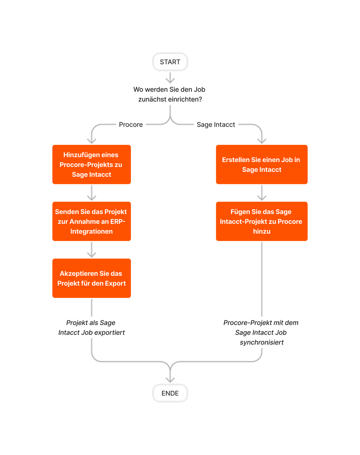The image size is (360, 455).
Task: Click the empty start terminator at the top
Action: (x=170, y=62)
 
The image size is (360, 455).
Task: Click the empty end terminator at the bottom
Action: (x=170, y=393)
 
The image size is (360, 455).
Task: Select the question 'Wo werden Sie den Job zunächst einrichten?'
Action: (x=170, y=94)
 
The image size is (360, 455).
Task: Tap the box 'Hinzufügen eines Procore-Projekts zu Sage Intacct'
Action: (x=92, y=164)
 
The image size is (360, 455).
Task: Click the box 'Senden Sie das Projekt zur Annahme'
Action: (x=92, y=221)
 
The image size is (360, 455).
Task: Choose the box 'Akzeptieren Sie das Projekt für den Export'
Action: (x=92, y=278)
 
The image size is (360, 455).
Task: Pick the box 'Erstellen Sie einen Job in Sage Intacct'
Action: (x=262, y=164)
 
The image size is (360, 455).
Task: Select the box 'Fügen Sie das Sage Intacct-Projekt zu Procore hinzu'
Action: (x=262, y=221)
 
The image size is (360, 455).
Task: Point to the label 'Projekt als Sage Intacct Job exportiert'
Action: (x=92, y=328)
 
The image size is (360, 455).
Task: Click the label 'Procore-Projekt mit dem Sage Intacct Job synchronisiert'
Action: (x=261, y=333)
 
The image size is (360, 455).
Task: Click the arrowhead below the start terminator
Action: (x=170, y=79)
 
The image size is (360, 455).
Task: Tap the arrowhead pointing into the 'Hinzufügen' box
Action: (x=92, y=140)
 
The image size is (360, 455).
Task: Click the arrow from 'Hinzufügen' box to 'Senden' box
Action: (x=92, y=193)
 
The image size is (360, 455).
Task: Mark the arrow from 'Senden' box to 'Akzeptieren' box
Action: (x=92, y=250)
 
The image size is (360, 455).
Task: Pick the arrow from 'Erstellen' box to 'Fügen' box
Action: (x=262, y=193)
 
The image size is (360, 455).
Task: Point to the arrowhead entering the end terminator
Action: (x=170, y=378)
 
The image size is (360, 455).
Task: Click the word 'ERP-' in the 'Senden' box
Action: (x=117, y=222)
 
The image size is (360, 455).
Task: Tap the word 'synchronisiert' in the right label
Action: (x=261, y=342)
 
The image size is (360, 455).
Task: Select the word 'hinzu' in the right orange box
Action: (x=262, y=232)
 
